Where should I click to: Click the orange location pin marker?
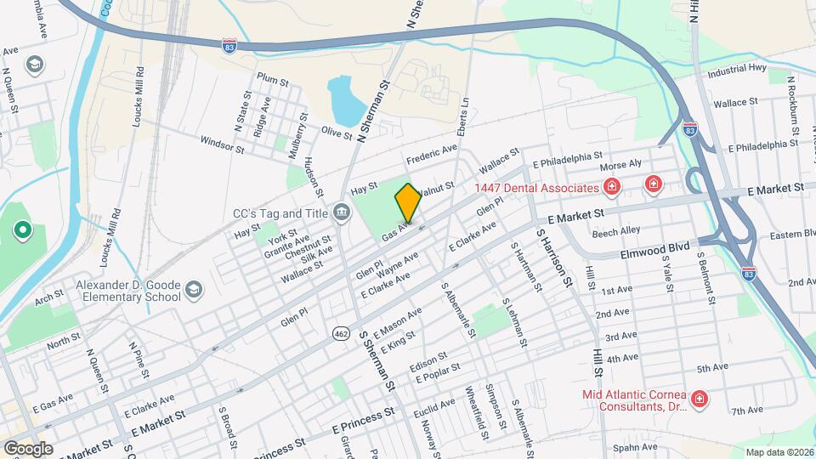(408, 203)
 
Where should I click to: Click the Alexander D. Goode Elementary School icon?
(194, 291)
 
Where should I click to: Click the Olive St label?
(337, 132)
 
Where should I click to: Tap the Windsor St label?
(223, 144)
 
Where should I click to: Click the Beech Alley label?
(615, 231)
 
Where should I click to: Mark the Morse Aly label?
(620, 164)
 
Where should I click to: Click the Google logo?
(28, 448)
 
